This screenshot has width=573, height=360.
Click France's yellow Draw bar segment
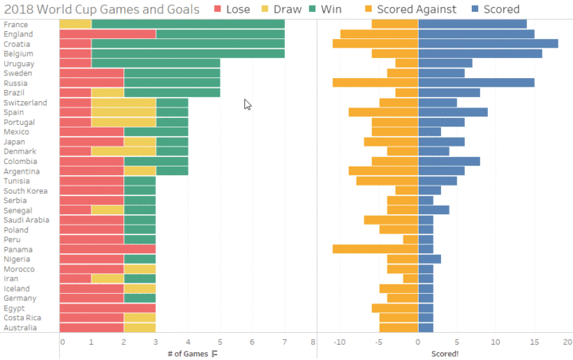coord(76,24)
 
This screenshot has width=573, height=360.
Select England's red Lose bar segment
coord(107,34)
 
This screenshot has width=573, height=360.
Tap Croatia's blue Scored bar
coord(488,44)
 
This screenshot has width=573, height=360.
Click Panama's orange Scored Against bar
coord(376,249)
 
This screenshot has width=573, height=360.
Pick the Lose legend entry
coord(232,9)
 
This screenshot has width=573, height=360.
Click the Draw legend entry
coord(282,9)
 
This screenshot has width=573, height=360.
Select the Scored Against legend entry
coord(411,9)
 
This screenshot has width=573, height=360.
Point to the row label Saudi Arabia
coord(26,220)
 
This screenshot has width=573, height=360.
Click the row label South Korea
coord(25,190)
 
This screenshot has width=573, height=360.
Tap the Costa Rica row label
coord(22,318)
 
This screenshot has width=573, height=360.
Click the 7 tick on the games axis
coord(284,342)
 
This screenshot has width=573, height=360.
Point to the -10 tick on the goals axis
coord(340,342)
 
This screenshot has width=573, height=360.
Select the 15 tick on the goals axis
coord(534,342)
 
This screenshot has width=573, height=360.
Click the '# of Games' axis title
coord(188,354)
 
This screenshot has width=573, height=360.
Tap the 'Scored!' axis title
coord(445,354)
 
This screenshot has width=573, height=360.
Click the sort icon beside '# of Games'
coord(215,354)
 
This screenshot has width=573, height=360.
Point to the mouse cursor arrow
coord(248,104)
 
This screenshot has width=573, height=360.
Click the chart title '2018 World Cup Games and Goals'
coord(102,9)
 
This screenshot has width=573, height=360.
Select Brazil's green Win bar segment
coord(172,92)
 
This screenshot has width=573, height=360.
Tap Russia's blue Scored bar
coord(476,83)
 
